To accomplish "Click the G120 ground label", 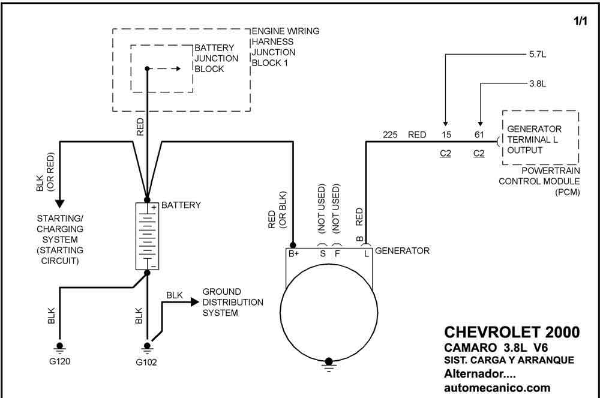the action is (x=59, y=361).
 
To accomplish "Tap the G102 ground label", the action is (x=146, y=362).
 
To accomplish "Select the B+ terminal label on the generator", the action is (x=293, y=253).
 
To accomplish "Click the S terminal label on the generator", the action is (x=323, y=253).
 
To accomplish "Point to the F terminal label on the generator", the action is (x=337, y=253).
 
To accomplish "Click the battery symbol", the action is (x=148, y=236).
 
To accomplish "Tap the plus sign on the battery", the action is (x=154, y=207).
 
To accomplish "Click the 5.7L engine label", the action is (x=538, y=55).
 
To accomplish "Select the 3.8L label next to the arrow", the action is (x=538, y=83).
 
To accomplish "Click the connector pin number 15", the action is (x=446, y=134).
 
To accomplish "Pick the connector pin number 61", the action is (x=479, y=134).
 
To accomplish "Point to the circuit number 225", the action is (x=390, y=134).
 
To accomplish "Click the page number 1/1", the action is (x=580, y=20).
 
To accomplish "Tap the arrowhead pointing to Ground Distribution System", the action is (x=195, y=302).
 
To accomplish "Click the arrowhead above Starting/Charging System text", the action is (x=59, y=204).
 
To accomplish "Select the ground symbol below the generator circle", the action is (x=329, y=365).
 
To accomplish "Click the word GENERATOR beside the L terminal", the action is (x=402, y=251).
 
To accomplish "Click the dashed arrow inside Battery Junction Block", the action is (x=164, y=69).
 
